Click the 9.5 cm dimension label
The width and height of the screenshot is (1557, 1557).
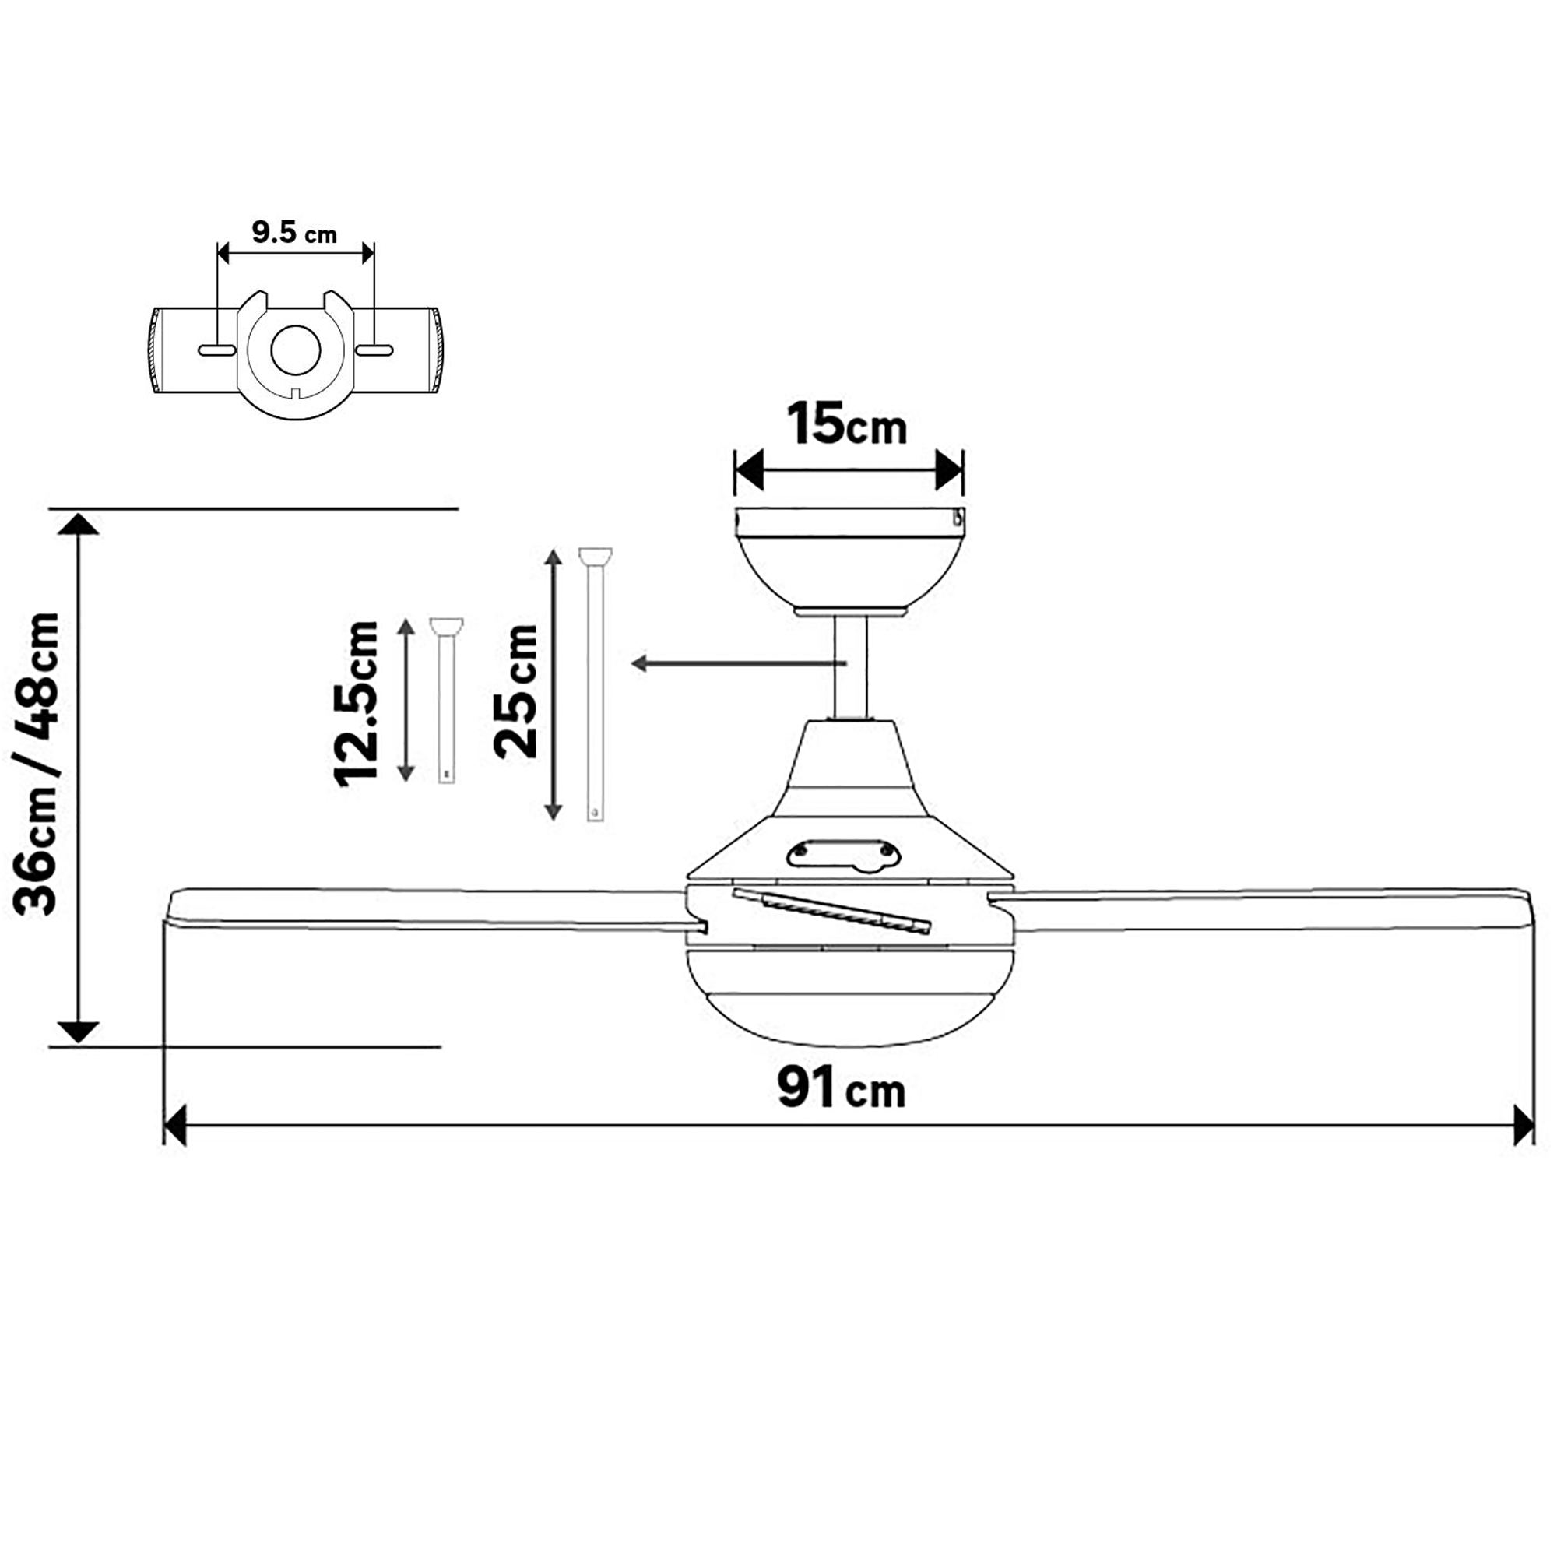pos(294,232)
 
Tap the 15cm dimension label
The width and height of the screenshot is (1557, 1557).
pos(847,424)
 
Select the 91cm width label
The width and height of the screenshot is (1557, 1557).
pos(842,1090)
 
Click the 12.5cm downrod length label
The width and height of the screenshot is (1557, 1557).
pos(356,703)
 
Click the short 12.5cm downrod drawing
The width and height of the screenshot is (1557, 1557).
pos(445,700)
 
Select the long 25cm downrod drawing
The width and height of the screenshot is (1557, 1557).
pos(595,684)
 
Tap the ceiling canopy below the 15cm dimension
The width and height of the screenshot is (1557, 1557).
pos(849,563)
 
